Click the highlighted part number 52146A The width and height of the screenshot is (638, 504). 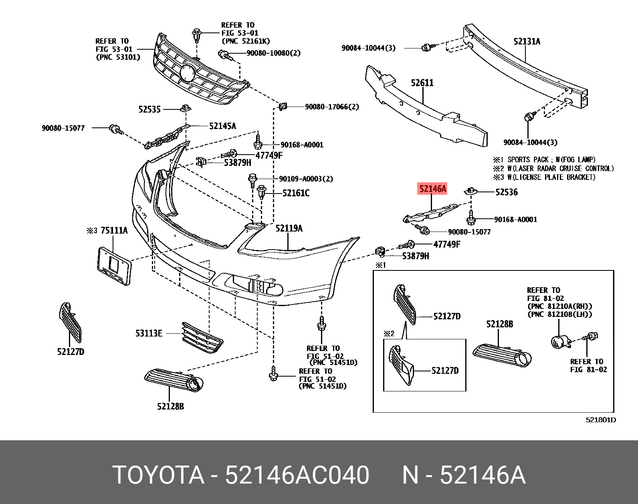tap(432, 188)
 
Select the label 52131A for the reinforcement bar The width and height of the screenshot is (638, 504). tap(527, 41)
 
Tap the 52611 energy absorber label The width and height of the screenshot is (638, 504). tap(422, 83)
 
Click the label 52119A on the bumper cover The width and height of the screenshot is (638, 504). tap(289, 228)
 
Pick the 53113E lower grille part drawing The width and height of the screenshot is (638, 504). tap(202, 338)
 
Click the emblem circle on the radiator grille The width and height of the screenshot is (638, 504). tap(187, 74)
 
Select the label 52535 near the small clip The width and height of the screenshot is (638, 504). tap(149, 109)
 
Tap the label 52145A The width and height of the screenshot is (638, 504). tap(222, 126)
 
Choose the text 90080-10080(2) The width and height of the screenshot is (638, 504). tap(273, 53)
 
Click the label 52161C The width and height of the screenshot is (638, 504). tap(296, 193)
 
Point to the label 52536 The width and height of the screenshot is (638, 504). tap(506, 192)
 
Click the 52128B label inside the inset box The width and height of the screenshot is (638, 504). tap(499, 324)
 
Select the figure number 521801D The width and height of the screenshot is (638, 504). tap(600, 420)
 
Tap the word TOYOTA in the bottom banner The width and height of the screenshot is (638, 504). tap(158, 475)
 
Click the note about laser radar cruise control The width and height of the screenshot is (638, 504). tap(553, 168)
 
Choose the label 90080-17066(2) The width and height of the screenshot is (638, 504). tap(332, 107)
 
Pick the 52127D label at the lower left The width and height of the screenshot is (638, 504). tap(71, 352)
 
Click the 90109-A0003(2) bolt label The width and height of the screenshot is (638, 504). tap(306, 179)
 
